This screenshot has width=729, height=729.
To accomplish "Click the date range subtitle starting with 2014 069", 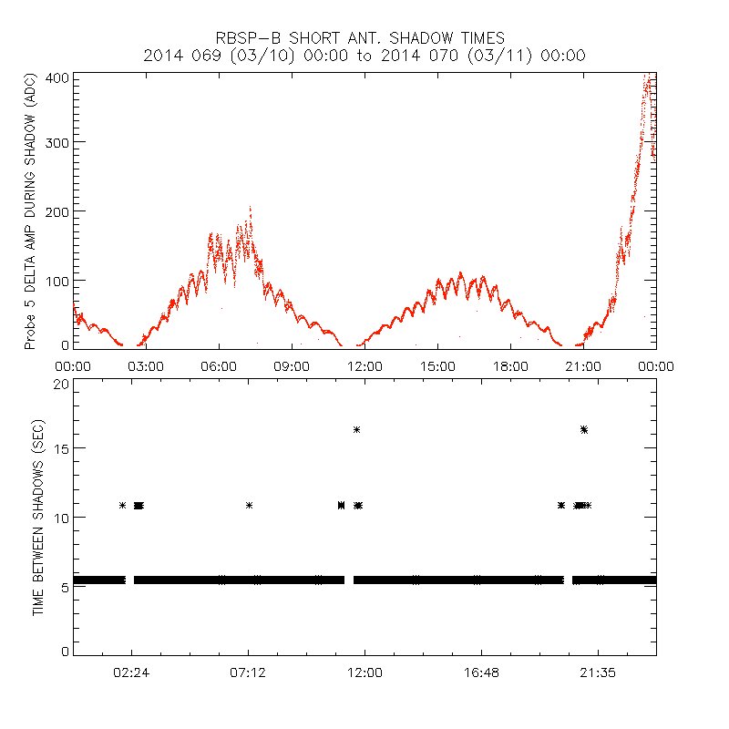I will pyautogui.click(x=364, y=56).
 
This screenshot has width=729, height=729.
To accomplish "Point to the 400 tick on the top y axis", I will pyautogui.click(x=57, y=77).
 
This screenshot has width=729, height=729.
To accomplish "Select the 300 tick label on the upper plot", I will pyautogui.click(x=57, y=142).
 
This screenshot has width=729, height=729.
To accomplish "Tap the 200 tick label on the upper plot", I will pyautogui.click(x=57, y=210).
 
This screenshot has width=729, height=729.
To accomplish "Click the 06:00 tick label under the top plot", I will pyautogui.click(x=219, y=366).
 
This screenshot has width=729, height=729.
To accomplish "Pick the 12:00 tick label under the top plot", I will pyautogui.click(x=364, y=366).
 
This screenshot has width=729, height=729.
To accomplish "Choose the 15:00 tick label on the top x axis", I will pyautogui.click(x=437, y=366).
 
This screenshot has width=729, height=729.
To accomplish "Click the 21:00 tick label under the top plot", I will pyautogui.click(x=583, y=366).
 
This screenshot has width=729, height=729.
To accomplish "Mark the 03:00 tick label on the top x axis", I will pyautogui.click(x=146, y=366).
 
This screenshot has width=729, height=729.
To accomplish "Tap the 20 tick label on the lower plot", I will pyautogui.click(x=61, y=384).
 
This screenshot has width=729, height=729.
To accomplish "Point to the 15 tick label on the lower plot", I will pyautogui.click(x=61, y=448).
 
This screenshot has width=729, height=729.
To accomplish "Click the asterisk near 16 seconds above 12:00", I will pyautogui.click(x=357, y=429).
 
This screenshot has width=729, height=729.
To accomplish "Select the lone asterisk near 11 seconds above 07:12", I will pyautogui.click(x=249, y=505).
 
